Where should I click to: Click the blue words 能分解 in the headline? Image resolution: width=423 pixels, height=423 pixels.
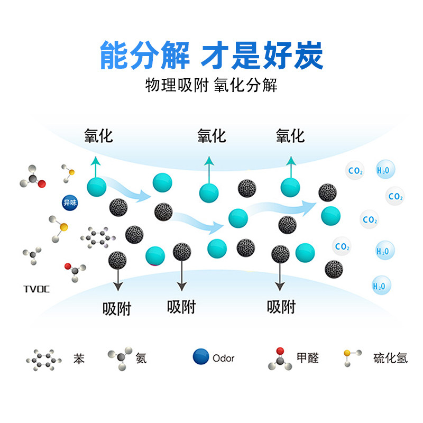tap(144, 55)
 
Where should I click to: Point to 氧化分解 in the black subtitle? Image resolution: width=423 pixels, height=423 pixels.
tap(246, 85)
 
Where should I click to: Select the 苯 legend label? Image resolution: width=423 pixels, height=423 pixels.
tap(78, 358)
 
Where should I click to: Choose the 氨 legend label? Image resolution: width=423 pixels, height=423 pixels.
tap(141, 358)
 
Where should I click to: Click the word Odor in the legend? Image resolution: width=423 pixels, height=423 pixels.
tap(223, 358)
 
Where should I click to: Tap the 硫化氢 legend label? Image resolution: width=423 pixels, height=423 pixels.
tap(390, 358)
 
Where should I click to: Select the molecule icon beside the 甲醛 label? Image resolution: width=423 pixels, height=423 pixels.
tap(280, 359)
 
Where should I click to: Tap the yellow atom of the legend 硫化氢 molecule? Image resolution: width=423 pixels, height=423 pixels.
tap(347, 353)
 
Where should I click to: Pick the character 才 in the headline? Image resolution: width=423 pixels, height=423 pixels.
tap(215, 55)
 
